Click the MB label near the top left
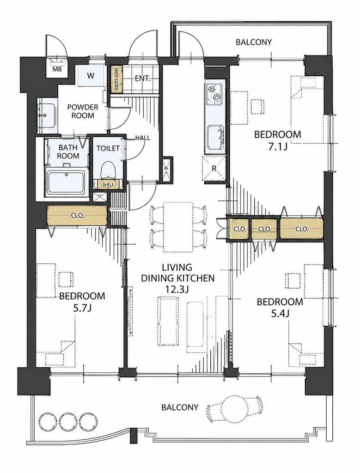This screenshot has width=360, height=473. tap(57, 69)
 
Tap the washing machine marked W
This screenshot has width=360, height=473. tap(91, 76)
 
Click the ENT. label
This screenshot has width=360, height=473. tap(142, 79)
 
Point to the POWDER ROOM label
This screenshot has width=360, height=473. tap(83, 111)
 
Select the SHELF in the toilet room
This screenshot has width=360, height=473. tap(108, 184)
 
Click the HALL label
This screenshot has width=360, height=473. tap(142, 138)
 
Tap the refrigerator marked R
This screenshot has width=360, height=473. tap(214, 169)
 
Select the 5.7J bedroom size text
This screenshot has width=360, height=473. tap(82, 308)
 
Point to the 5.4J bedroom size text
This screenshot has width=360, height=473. tap(280, 314)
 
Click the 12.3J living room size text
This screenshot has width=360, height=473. tap(177, 289)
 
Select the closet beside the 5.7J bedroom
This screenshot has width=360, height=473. tap(77, 216)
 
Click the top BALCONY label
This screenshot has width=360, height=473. tap(254, 42)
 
